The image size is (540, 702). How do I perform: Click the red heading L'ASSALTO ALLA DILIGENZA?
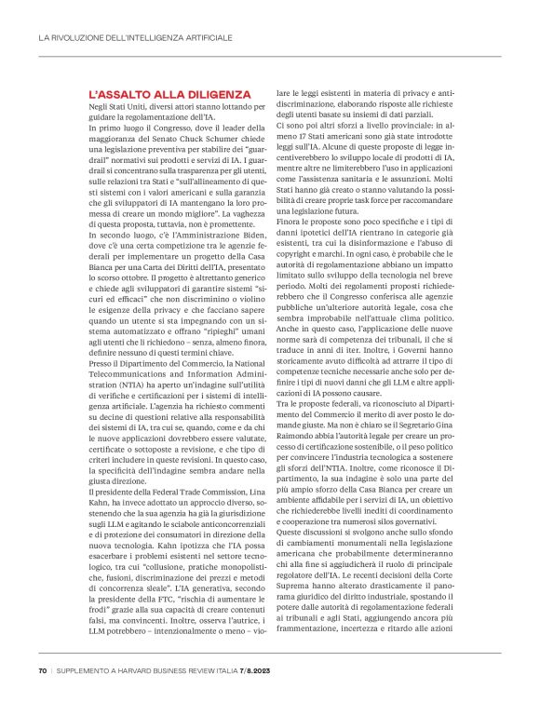pos(169,95)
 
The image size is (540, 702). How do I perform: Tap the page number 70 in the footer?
pos(43,671)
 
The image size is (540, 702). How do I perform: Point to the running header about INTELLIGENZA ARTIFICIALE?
pos(136,38)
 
